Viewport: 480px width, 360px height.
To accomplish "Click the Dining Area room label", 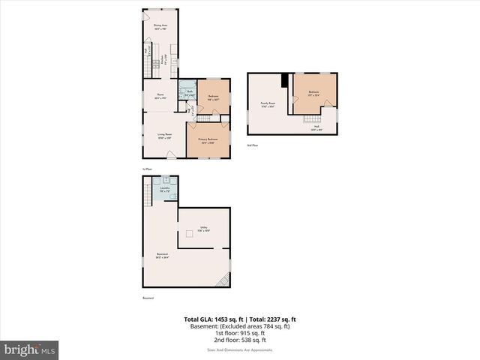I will [x=160, y=28].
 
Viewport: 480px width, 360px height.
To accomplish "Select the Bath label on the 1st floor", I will [x=190, y=94].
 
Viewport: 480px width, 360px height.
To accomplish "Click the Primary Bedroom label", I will [x=208, y=141].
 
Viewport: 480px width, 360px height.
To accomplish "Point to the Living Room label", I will [x=165, y=136].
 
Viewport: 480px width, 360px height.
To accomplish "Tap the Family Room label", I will [x=268, y=104].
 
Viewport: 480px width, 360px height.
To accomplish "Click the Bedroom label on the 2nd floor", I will [x=313, y=94].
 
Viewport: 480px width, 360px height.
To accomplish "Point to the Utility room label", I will [x=203, y=229].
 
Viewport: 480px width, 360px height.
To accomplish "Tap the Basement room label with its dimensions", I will [x=162, y=256].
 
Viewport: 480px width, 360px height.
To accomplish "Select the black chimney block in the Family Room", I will [x=284, y=81].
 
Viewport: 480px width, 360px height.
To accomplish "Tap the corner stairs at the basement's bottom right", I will [x=222, y=280].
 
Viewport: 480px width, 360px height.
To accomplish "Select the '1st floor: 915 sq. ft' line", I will [x=240, y=334].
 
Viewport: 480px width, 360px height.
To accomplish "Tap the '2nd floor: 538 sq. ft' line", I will [x=240, y=340].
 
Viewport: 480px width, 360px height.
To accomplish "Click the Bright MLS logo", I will [x=30, y=350].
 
